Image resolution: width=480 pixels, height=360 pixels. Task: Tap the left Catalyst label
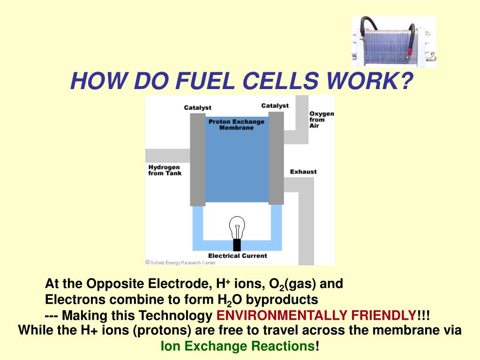(x=197, y=108)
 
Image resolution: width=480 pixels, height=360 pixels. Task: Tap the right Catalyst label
(x=275, y=106)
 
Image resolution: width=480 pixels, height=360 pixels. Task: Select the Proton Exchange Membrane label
(x=236, y=125)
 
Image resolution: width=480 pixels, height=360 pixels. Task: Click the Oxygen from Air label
(x=322, y=120)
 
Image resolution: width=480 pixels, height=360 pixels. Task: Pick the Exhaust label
(x=303, y=172)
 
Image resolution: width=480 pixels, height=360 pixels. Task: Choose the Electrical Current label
(x=237, y=255)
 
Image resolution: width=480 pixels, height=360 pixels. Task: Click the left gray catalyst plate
(x=197, y=159)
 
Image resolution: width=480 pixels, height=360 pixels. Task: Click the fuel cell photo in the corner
(x=394, y=42)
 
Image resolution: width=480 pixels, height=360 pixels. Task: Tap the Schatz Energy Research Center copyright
(x=180, y=262)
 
